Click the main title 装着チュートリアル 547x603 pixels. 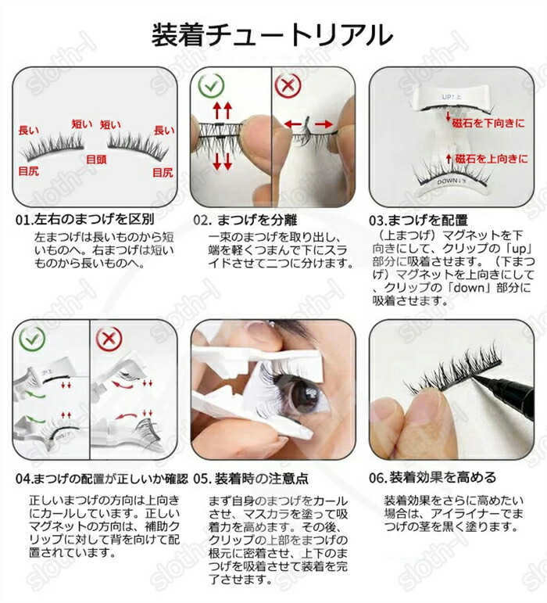pyautogui.click(x=272, y=34)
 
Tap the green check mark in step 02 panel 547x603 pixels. pyautogui.click(x=211, y=86)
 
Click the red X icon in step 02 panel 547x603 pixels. pyautogui.click(x=288, y=86)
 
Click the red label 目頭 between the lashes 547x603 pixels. pyautogui.click(x=96, y=160)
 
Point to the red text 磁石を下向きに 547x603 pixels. pyautogui.click(x=488, y=123)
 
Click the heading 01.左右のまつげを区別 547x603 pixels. pyautogui.click(x=85, y=219)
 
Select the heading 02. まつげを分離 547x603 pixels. pyautogui.click(x=245, y=220)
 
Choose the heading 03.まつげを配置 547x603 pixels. pyautogui.click(x=418, y=220)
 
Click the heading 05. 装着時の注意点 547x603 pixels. pyautogui.click(x=251, y=479)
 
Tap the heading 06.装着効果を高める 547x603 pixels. pyautogui.click(x=433, y=478)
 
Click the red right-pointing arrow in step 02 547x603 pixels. pyautogui.click(x=324, y=124)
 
